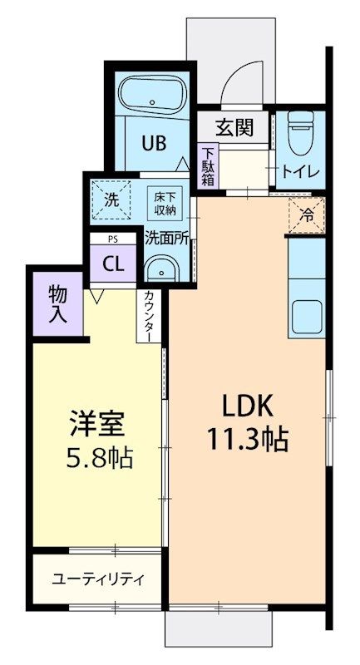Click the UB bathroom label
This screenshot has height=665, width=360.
pos(152,144)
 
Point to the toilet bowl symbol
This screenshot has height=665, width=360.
pos(299,131)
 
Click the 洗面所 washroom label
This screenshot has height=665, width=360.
pos(166,236)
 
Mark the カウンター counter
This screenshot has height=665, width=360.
pos(148,316)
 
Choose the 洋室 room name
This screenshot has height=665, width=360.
pos(97,422)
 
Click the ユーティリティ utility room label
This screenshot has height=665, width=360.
pos(99,579)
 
